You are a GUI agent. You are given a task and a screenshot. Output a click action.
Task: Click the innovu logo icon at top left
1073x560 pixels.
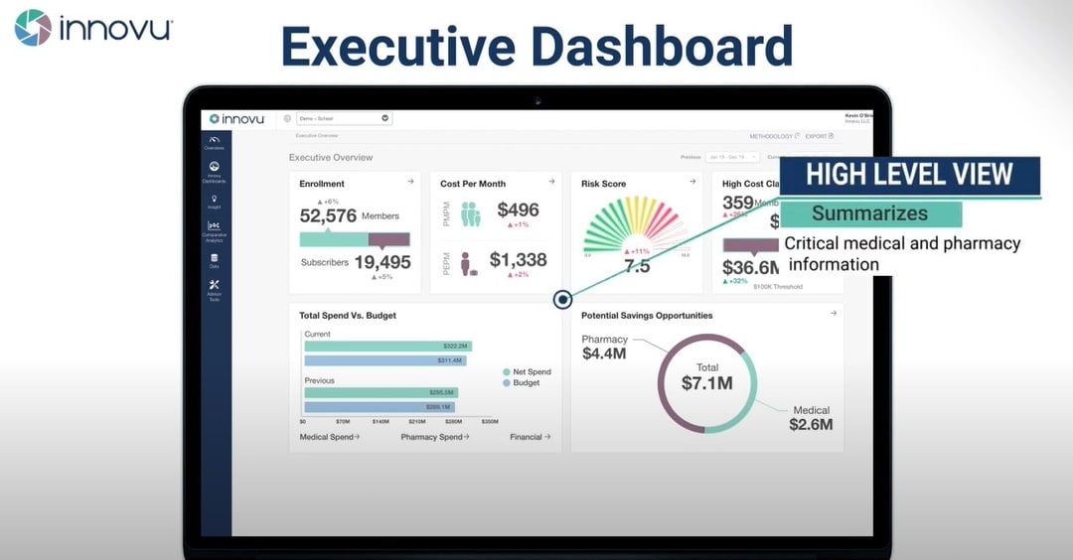pos(33,28)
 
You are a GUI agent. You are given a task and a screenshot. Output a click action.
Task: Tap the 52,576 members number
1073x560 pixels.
pos(328,215)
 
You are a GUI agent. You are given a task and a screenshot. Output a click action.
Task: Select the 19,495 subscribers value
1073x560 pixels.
pos(383,263)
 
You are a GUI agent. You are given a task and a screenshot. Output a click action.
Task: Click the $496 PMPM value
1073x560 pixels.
pos(518,210)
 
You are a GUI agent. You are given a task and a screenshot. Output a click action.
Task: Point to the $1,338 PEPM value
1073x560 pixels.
pos(518,260)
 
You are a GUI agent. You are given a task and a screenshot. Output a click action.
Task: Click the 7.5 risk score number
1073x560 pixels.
pos(636,266)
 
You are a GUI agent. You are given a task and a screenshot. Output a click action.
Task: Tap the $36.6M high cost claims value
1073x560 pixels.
pos(751,267)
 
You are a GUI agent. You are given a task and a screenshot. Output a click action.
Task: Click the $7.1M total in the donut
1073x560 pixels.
pos(707,382)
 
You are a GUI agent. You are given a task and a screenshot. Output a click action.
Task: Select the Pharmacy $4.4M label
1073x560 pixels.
pos(604,347)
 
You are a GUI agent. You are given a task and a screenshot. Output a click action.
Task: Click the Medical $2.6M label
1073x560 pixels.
pos(811,418)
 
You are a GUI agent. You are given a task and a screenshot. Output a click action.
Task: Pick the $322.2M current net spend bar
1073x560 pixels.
pos(386,346)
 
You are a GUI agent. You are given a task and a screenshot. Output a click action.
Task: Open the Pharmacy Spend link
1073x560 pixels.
pos(434,437)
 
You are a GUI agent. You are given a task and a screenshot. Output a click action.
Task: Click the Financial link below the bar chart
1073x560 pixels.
pos(530,437)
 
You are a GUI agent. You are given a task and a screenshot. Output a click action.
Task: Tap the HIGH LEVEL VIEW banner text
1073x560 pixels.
pos(908,175)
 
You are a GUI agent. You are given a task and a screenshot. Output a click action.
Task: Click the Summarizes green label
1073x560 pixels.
pos(869,213)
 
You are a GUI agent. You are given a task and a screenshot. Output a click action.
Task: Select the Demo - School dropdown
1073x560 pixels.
pos(343,118)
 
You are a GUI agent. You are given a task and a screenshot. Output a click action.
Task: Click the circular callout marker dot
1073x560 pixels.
pos(563,299)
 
